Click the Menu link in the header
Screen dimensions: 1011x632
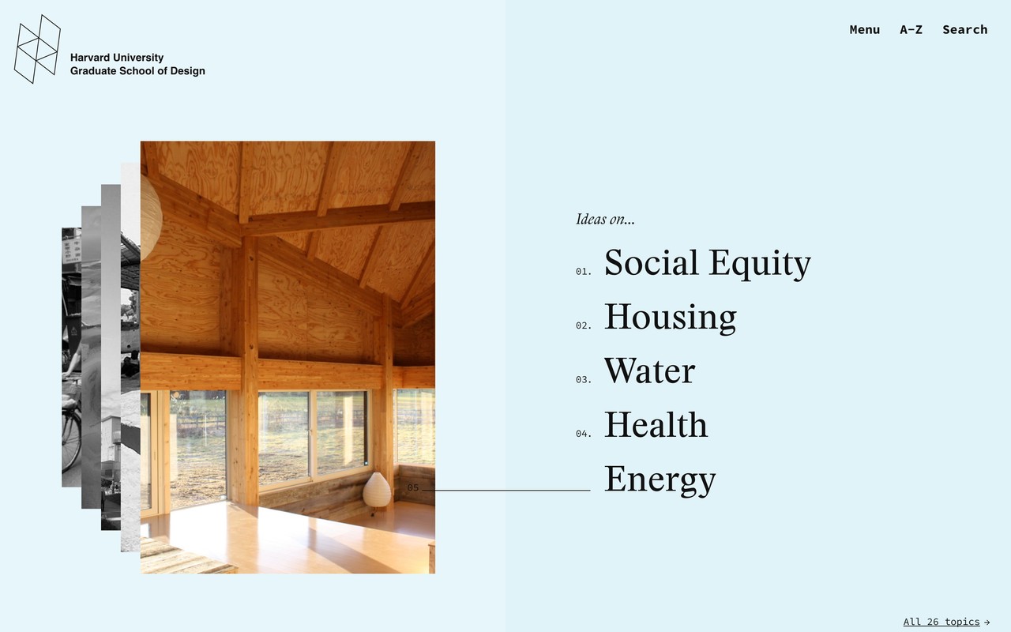click(x=864, y=30)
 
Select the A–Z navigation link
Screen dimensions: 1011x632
click(x=911, y=30)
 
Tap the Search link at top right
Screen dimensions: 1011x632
click(x=964, y=30)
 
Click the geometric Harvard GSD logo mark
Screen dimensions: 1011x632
click(x=37, y=49)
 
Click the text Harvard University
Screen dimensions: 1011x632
click(x=117, y=58)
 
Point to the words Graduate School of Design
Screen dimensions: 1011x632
click(x=137, y=71)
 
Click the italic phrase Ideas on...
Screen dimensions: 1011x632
click(x=605, y=219)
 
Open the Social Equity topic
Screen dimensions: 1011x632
click(x=707, y=263)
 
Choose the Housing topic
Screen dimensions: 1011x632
click(x=671, y=317)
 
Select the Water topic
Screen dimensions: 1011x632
click(x=649, y=371)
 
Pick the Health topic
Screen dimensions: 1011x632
click(x=656, y=424)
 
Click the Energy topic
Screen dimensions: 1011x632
click(x=660, y=480)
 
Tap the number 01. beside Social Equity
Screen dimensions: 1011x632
click(x=583, y=271)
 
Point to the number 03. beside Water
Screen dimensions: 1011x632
click(x=583, y=380)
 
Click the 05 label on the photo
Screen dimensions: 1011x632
click(x=413, y=487)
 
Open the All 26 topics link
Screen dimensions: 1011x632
click(x=941, y=622)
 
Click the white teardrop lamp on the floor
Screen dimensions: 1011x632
click(x=377, y=489)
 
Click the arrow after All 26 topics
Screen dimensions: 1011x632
click(x=987, y=622)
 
